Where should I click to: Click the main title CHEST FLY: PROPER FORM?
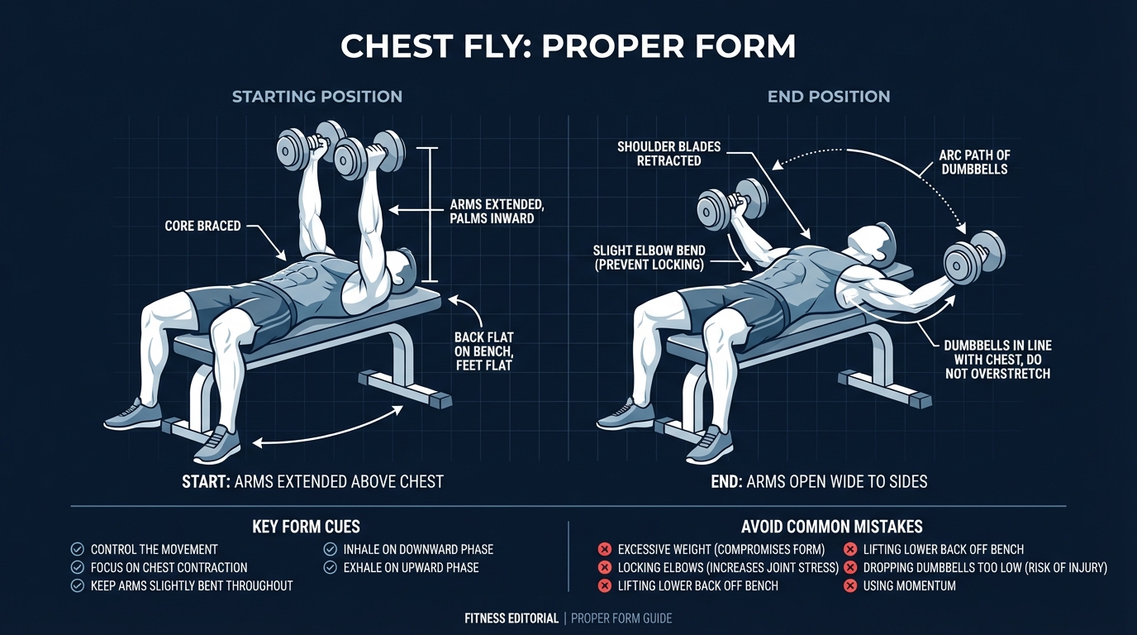(568, 47)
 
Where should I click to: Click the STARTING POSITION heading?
(316, 96)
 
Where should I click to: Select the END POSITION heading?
(828, 96)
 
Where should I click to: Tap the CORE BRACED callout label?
(202, 226)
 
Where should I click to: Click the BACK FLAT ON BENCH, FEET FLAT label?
(483, 351)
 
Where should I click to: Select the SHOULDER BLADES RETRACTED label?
(668, 154)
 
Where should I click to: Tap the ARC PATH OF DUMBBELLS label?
(974, 162)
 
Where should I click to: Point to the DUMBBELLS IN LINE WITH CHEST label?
(997, 359)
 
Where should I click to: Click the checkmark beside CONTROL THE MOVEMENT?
(78, 549)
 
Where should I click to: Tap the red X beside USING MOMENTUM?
(849, 585)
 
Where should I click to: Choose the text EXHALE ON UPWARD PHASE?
(412, 567)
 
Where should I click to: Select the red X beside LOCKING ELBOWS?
(604, 567)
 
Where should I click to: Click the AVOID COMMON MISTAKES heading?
(831, 527)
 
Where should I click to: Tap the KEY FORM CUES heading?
(306, 527)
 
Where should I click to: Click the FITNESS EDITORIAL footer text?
(511, 618)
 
